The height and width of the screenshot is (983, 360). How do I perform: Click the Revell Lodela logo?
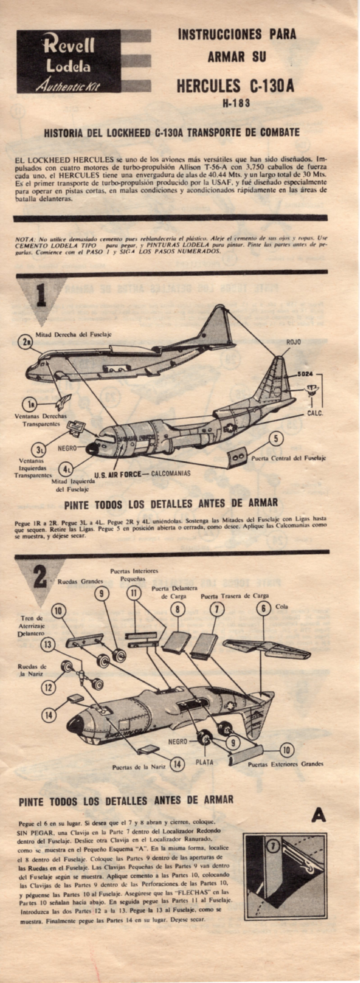tap(69, 61)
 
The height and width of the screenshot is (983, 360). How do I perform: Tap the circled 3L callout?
tap(39, 450)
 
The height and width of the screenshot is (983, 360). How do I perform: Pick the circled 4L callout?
tap(66, 469)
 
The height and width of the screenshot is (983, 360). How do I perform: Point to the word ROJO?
tap(294, 342)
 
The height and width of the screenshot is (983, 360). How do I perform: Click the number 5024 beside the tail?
tap(305, 374)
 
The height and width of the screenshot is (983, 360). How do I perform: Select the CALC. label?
tap(315, 413)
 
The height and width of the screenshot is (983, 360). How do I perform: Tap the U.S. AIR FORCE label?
tap(118, 474)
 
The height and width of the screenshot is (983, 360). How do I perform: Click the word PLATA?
tap(204, 762)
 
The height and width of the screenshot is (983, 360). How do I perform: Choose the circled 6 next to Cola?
tap(263, 608)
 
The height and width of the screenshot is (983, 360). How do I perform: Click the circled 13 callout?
tap(48, 645)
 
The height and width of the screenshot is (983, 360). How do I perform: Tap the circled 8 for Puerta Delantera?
tap(178, 609)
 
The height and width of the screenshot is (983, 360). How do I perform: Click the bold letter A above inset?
tap(318, 815)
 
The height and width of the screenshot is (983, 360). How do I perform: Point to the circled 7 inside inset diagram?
tap(273, 846)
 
